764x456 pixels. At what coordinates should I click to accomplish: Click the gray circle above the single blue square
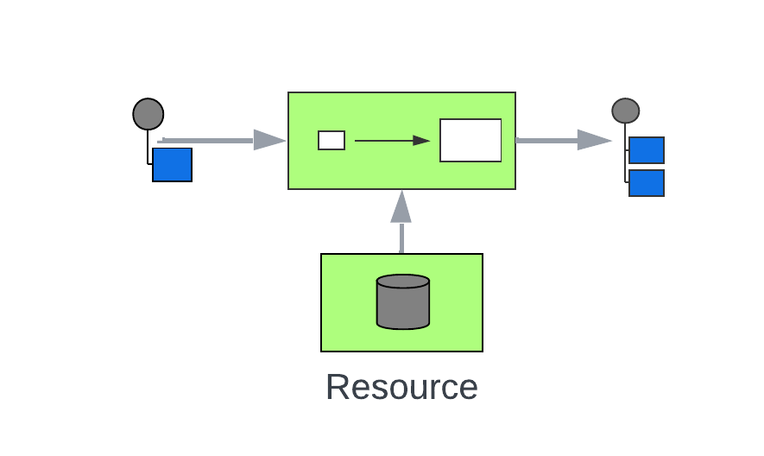pos(148,114)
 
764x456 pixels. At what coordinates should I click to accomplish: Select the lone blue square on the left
pos(172,164)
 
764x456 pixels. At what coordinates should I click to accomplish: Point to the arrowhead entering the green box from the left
pos(269,140)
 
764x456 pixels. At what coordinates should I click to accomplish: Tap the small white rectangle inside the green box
pos(331,140)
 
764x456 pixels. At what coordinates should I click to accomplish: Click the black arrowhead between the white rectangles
pos(421,141)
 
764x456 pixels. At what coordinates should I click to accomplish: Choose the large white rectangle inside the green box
pos(470,140)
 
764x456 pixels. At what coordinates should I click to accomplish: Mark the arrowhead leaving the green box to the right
pos(594,140)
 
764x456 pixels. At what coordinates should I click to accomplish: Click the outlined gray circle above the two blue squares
pos(626,111)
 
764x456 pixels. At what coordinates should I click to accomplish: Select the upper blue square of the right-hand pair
pos(647,150)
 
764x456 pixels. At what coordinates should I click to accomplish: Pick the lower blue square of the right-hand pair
pos(647,183)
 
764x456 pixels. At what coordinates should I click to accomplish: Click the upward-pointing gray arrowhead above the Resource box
pos(401,207)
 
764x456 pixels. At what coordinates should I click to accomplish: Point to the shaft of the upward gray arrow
pos(401,238)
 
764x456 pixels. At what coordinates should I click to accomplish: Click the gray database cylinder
pos(403,307)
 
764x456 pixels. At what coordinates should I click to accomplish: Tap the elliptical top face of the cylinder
pos(403,282)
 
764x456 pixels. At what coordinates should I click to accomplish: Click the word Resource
pos(401,387)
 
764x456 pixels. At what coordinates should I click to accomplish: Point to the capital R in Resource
pos(338,387)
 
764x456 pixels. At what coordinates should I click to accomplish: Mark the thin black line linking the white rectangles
pos(384,141)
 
